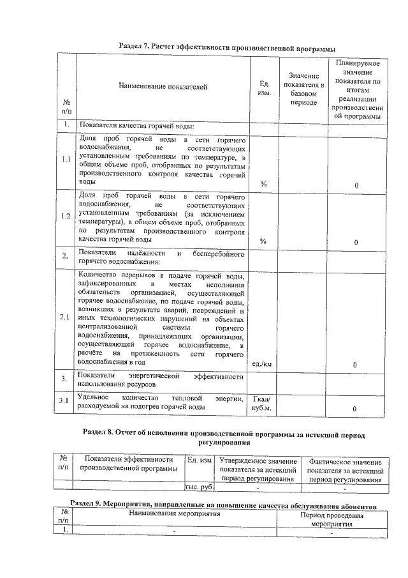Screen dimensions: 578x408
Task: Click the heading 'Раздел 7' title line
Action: click(x=227, y=48)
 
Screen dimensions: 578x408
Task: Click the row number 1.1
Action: click(x=66, y=160)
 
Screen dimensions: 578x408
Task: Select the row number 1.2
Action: click(x=66, y=216)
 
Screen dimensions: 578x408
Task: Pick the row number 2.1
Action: click(x=66, y=317)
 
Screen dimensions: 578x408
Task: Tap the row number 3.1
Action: click(x=66, y=400)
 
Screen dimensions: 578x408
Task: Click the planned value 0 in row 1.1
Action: click(x=356, y=185)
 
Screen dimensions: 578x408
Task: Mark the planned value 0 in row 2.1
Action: click(x=356, y=365)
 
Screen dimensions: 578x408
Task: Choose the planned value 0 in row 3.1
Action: click(x=356, y=408)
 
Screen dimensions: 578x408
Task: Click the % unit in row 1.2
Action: click(x=263, y=241)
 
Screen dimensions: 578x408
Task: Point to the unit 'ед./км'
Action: click(x=263, y=364)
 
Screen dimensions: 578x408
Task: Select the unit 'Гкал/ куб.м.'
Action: click(x=263, y=402)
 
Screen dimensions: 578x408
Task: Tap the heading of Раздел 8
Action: click(x=224, y=437)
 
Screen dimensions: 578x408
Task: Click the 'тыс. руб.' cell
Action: click(x=198, y=488)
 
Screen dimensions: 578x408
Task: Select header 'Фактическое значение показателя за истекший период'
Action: click(x=345, y=470)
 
